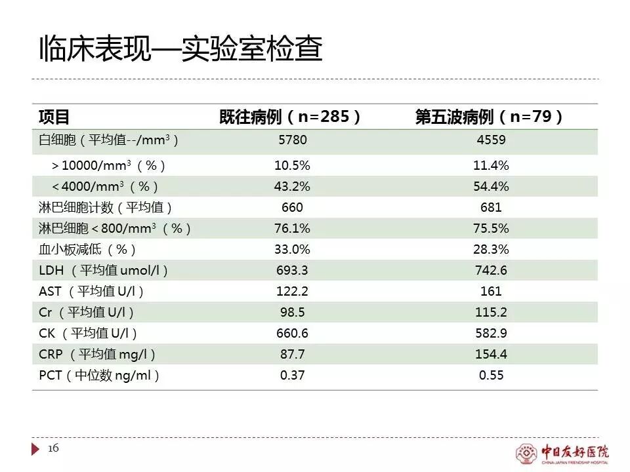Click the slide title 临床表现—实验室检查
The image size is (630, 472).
[x=181, y=49]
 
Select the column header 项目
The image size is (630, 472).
[x=54, y=117]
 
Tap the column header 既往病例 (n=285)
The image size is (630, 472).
[x=291, y=117]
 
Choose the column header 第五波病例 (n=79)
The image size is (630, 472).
[x=490, y=117]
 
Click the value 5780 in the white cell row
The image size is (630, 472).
[x=292, y=140]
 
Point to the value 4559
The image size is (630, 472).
[x=491, y=140]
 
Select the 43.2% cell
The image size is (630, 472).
[x=292, y=186]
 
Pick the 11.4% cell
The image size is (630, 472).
[x=491, y=165]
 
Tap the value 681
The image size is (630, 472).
[x=491, y=208]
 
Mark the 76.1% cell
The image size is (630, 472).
[x=292, y=229]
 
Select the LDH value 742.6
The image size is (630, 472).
[x=491, y=271]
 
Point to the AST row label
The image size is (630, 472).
[x=92, y=292]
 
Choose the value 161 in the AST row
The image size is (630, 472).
[x=491, y=292]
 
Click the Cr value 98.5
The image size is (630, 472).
[x=292, y=313]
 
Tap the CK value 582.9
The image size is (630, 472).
[x=491, y=334]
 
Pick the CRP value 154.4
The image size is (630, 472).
[x=491, y=355]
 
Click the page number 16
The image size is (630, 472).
[x=54, y=448]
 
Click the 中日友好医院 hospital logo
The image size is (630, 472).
[x=562, y=452]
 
